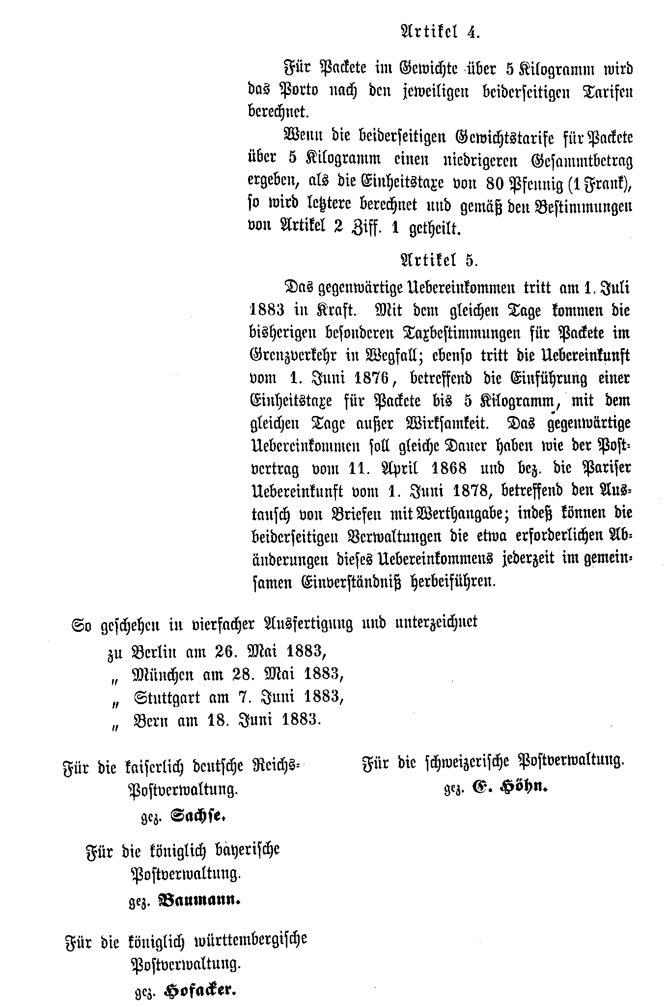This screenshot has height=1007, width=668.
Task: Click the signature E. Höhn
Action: pyautogui.click(x=509, y=787)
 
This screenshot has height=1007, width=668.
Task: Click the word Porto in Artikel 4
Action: pyautogui.click(x=298, y=90)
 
